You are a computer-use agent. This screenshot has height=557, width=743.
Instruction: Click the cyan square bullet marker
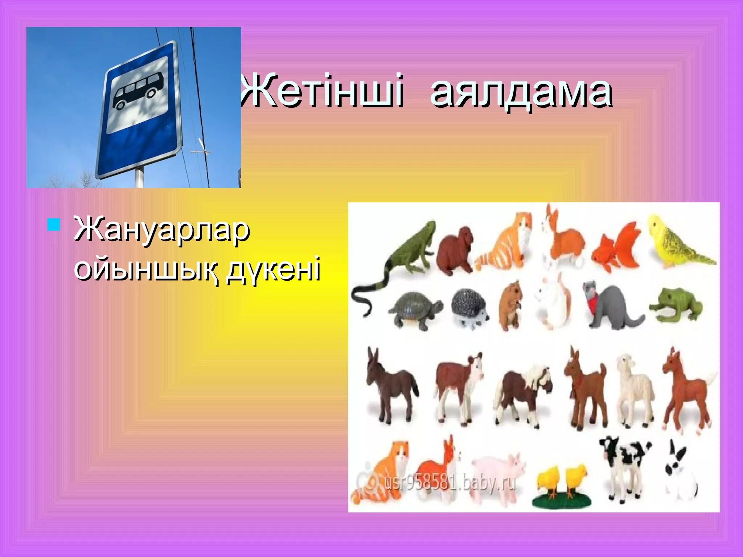[53, 224]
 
